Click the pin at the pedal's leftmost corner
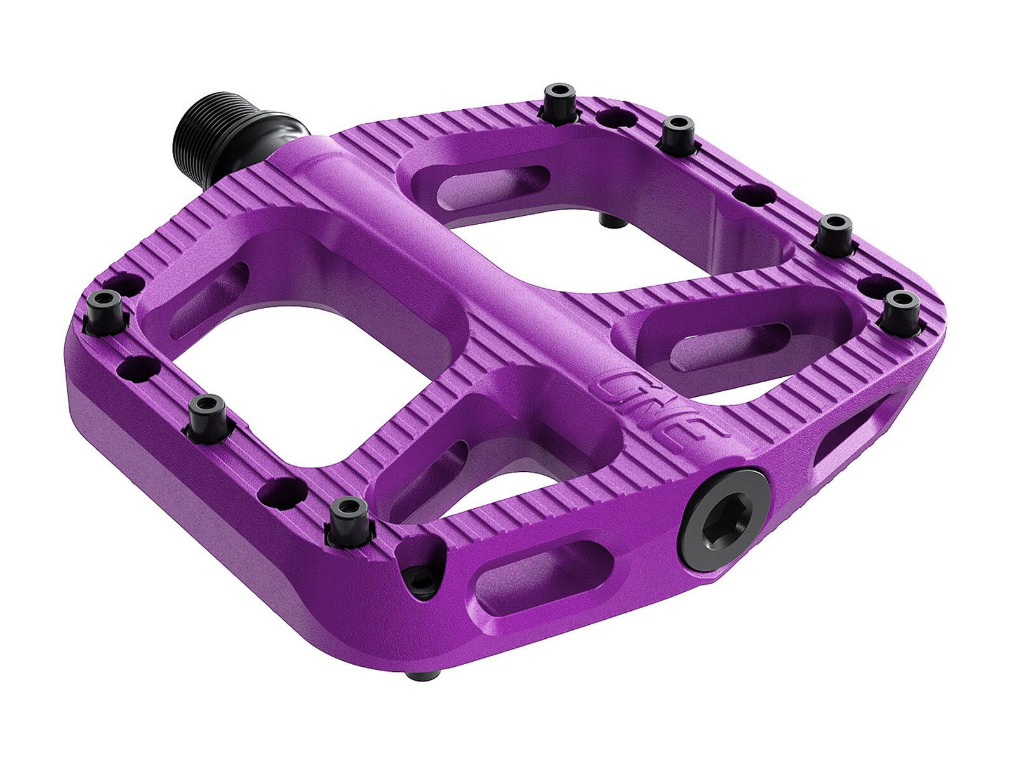[105, 309]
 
